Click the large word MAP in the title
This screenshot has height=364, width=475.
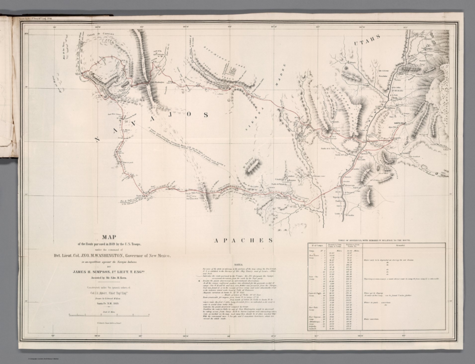pos(109,237)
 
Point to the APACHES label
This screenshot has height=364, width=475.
pos(243,240)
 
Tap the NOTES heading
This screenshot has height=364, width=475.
pos(239,265)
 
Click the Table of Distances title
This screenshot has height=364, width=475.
pos(376,240)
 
